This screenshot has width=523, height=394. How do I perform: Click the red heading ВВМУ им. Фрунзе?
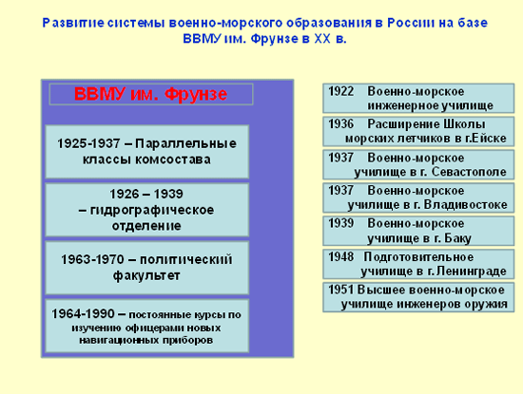[151, 94]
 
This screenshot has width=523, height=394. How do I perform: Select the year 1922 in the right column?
[340, 91]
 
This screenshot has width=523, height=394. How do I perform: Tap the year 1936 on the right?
[340, 123]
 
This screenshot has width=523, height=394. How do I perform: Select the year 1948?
[340, 256]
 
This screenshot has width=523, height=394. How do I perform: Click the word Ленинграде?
[472, 272]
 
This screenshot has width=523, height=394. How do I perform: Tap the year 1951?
[340, 290]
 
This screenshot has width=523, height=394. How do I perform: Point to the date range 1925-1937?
[88, 143]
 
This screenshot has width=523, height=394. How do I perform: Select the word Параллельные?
[185, 143]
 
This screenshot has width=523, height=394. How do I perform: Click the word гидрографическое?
[152, 210]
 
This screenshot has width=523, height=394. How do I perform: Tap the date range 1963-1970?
[92, 259]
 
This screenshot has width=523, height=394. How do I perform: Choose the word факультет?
[146, 275]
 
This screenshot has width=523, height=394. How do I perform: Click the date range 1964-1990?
[83, 313]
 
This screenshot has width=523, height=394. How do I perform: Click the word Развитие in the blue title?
[73, 23]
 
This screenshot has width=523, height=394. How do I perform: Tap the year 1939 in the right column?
[340, 223]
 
